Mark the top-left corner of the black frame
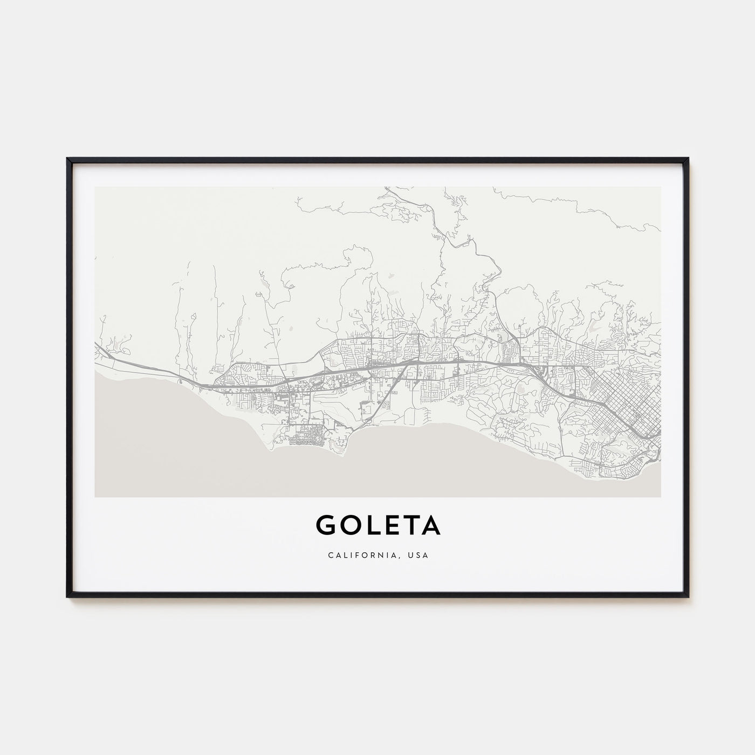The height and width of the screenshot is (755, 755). point(67,159)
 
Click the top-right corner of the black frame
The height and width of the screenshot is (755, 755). point(688,159)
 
